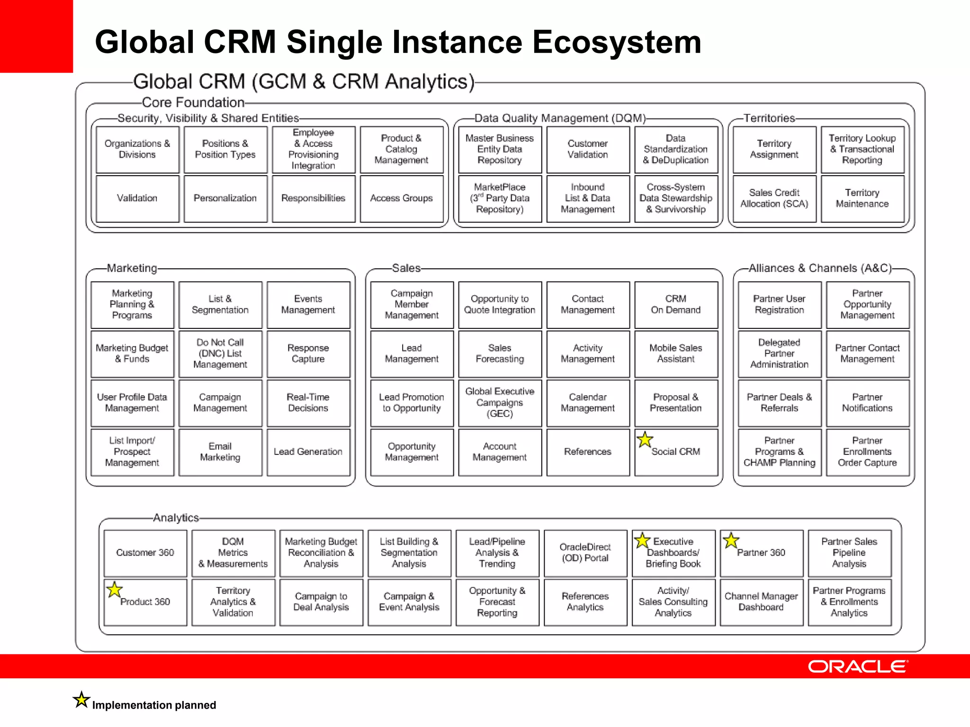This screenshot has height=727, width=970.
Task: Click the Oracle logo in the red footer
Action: pyautogui.click(x=858, y=666)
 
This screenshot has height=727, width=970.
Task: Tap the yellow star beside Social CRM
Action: pyautogui.click(x=645, y=440)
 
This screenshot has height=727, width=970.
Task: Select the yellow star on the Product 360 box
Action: pyautogui.click(x=114, y=590)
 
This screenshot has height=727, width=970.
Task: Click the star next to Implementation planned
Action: pyautogui.click(x=81, y=700)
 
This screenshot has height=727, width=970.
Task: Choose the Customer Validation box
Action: pyautogui.click(x=588, y=150)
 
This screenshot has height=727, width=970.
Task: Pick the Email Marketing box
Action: pyautogui.click(x=220, y=452)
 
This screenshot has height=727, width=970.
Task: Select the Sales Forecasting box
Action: pyautogui.click(x=500, y=354)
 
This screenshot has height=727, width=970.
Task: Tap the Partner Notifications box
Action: pyautogui.click(x=867, y=403)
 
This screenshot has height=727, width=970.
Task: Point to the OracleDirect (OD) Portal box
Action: pyautogui.click(x=585, y=553)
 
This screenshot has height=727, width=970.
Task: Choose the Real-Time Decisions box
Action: pyautogui.click(x=308, y=403)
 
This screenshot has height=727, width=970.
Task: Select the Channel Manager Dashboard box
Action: pyautogui.click(x=761, y=602)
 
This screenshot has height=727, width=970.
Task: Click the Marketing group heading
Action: pyautogui.click(x=132, y=268)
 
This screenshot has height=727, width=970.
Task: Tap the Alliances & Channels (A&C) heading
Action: pyautogui.click(x=820, y=268)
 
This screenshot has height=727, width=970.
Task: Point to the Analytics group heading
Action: pyautogui.click(x=176, y=518)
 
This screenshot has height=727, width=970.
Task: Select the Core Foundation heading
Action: pyautogui.click(x=193, y=103)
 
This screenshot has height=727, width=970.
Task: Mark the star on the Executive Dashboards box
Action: pyautogui.click(x=642, y=540)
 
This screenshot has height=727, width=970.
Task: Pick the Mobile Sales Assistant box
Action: pyautogui.click(x=676, y=354)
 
